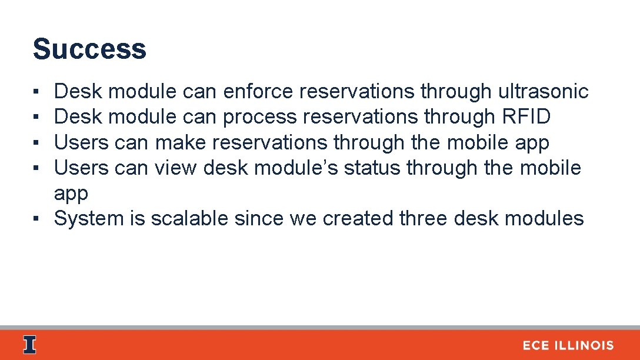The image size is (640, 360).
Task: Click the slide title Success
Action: point(89,49)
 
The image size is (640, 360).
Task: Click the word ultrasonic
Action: point(543,92)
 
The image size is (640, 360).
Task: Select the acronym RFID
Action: point(526,117)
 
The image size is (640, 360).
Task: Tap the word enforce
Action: point(258,92)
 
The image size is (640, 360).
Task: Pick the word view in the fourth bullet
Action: point(176,168)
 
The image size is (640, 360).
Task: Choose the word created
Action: point(358,218)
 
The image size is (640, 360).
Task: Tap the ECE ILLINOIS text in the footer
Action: point(568,346)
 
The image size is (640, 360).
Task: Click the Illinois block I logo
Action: point(29,345)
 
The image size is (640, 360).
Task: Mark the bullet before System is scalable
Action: point(36,219)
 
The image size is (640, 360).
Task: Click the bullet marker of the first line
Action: point(36,92)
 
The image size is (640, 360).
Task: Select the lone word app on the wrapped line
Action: point(71,194)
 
